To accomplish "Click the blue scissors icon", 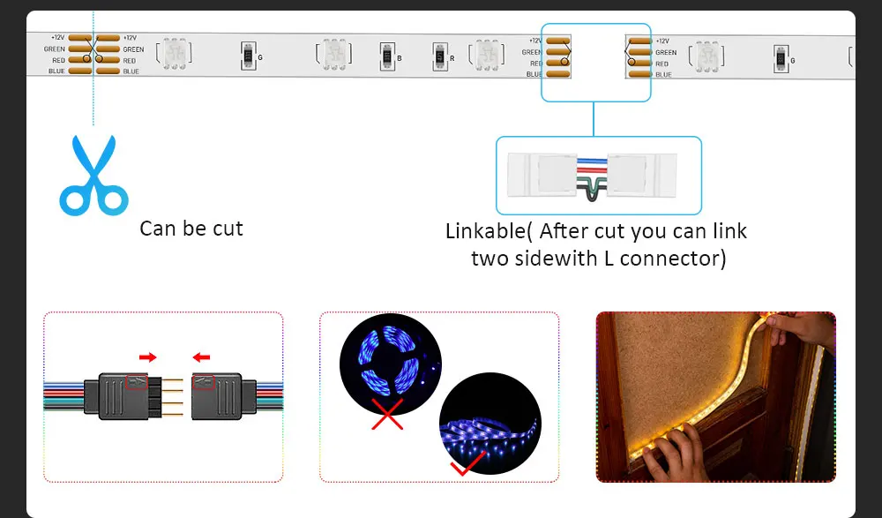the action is point(93,176).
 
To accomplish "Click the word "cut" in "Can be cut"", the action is point(224,229).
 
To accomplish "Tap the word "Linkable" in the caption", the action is point(487,232).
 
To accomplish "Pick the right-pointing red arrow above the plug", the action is point(147,357).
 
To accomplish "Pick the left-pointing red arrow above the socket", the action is point(203,357).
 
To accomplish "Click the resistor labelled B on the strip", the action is point(385,57).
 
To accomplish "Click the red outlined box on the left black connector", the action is point(138,381).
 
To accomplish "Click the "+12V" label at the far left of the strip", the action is point(58,38).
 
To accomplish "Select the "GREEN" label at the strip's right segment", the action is point(666,53).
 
